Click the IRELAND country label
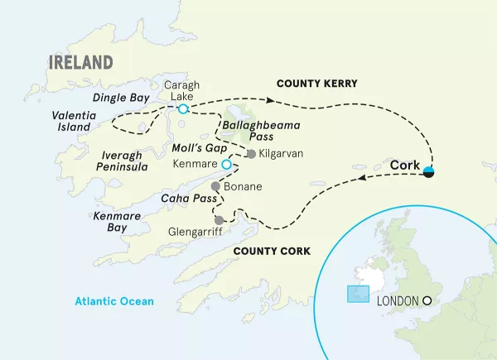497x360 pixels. point(80,63)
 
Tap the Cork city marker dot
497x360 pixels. point(429,172)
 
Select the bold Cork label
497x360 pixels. point(404,166)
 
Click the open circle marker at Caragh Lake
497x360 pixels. point(183,109)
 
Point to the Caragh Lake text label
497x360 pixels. point(182,90)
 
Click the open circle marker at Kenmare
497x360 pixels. point(225,164)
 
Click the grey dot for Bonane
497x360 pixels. point(215,186)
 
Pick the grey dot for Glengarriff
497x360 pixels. point(219,220)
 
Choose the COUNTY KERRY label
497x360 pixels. point(316,84)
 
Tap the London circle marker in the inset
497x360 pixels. point(428,301)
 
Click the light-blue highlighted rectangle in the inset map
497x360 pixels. point(357,294)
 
